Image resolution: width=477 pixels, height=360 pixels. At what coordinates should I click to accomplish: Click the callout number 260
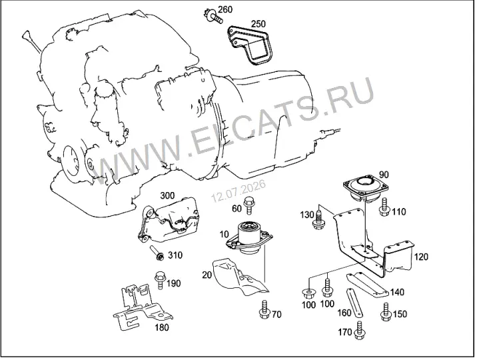tap(225, 10)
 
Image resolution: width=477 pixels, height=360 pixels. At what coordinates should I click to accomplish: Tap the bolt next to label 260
tap(213, 16)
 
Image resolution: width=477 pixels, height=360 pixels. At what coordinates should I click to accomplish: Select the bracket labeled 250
tap(250, 45)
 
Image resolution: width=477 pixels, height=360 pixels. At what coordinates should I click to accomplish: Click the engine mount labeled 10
tap(248, 238)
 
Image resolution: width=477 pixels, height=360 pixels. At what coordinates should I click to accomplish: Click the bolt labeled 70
tap(264, 310)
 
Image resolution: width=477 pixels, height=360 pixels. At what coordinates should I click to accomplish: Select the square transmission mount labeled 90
tap(366, 189)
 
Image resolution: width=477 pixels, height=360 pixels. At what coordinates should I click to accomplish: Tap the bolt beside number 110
tap(384, 207)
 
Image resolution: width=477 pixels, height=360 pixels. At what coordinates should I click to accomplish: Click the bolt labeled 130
tap(318, 219)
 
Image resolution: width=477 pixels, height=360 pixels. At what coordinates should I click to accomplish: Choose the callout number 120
tap(421, 257)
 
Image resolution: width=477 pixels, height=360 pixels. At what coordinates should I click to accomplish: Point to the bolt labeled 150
tap(386, 312)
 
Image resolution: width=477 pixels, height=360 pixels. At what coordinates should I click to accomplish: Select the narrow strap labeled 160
tap(354, 303)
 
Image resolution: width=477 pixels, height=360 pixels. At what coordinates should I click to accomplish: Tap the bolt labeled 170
tap(360, 330)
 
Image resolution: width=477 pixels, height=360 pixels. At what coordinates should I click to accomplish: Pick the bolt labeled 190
tap(160, 281)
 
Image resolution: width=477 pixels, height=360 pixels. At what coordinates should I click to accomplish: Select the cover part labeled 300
tap(168, 220)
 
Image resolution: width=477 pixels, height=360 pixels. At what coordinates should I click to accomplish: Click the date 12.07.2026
tap(238, 191)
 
